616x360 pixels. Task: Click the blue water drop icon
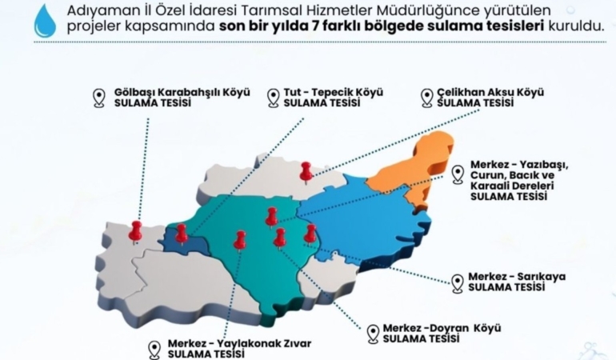[45, 22]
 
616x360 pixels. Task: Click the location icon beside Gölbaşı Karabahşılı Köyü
[98, 98]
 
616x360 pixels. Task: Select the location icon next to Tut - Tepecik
[271, 98]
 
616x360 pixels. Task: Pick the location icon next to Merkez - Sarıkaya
[457, 282]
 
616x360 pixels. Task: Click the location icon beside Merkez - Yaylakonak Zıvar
[155, 350]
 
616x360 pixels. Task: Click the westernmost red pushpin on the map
[136, 230]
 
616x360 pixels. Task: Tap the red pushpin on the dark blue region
[182, 232]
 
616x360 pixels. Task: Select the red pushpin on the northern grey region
[306, 170]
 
